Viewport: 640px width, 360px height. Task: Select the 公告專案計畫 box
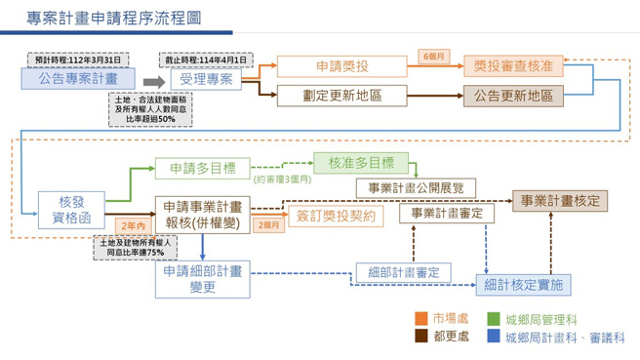[x=78, y=79]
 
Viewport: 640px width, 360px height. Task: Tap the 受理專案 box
[x=206, y=79]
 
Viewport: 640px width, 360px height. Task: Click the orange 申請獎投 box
[x=341, y=66]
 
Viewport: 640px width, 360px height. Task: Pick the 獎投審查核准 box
[x=513, y=66]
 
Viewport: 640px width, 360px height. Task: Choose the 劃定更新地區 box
[x=341, y=95]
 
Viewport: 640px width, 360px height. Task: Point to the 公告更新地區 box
[x=513, y=95]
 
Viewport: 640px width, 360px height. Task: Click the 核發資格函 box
[x=71, y=211]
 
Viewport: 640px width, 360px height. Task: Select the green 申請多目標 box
[x=202, y=168]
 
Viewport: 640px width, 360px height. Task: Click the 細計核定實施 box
[x=523, y=285]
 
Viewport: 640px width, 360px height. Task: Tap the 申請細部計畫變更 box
[x=203, y=279]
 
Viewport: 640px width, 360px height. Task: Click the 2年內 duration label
[x=133, y=225]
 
